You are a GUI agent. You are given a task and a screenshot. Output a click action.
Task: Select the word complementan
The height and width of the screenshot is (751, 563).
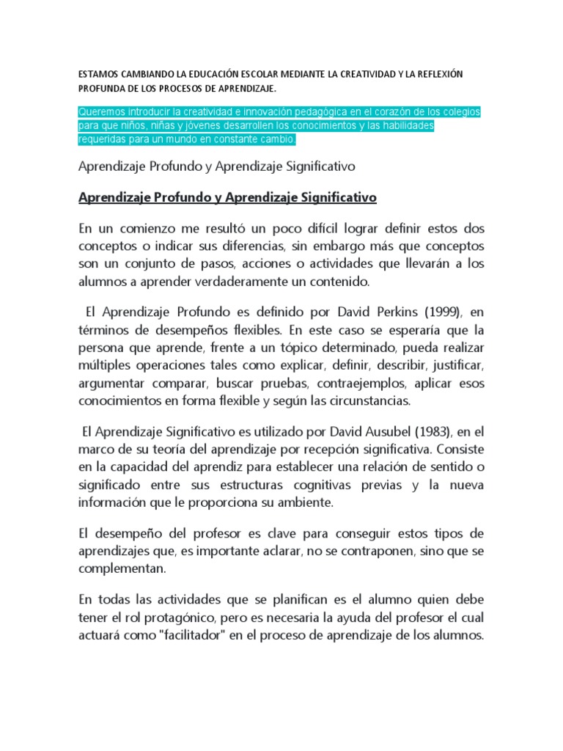[x=122, y=568]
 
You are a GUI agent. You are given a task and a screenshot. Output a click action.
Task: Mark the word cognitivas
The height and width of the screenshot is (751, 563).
[x=320, y=486]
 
